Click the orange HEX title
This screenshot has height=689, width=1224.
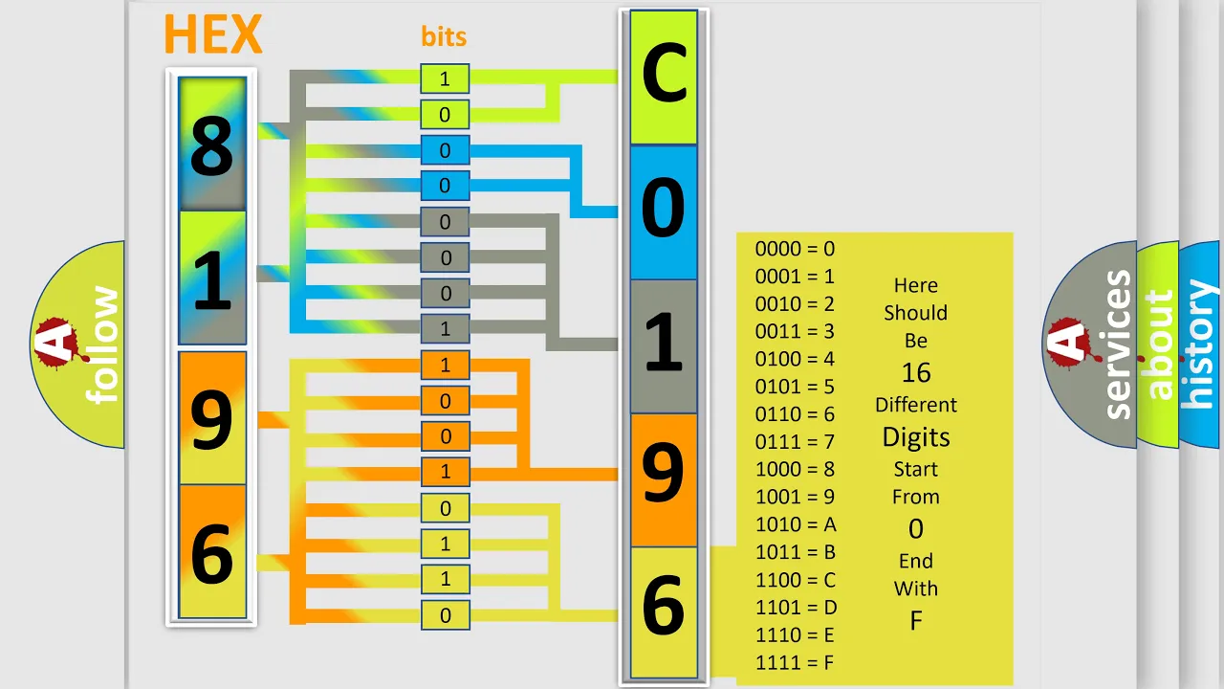213,33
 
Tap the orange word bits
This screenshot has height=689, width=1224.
444,36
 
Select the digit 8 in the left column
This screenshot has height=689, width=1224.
212,146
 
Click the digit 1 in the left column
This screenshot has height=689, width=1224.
212,280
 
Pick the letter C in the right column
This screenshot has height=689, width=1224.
664,74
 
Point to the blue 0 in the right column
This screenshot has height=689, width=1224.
664,208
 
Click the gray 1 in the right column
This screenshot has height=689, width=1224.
664,342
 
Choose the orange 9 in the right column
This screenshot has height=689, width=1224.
664,473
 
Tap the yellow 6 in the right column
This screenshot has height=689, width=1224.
664,606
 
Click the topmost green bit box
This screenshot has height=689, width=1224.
445,78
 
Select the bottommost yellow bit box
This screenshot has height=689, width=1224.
445,615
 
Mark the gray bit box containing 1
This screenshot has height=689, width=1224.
445,328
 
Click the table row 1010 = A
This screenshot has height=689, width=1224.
796,524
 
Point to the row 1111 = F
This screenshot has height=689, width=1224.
795,663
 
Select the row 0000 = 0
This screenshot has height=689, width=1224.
795,249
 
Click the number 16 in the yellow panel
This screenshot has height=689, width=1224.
916,373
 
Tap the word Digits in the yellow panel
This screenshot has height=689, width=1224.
916,437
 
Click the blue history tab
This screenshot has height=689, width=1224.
1200,344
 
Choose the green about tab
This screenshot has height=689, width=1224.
1158,344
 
